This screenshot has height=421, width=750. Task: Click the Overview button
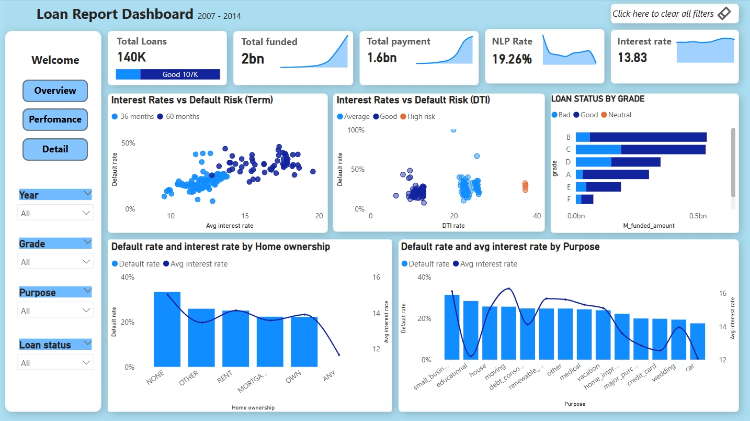[55, 91]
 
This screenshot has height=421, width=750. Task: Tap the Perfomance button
[55, 119]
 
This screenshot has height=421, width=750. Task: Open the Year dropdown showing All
[55, 213]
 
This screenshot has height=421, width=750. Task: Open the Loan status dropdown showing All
[55, 363]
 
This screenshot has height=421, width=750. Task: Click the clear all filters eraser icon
[724, 14]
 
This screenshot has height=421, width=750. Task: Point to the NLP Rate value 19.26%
[512, 59]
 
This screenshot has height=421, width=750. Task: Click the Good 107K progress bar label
[180, 74]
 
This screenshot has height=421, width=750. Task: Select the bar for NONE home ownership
[167, 329]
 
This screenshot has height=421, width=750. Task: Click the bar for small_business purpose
[452, 327]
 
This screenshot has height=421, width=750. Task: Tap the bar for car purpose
[697, 341]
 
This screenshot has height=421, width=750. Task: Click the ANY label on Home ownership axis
[329, 376]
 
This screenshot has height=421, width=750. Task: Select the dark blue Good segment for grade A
[616, 174]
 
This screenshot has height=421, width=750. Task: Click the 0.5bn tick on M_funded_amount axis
[698, 216]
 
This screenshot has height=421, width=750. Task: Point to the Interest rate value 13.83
[632, 58]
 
